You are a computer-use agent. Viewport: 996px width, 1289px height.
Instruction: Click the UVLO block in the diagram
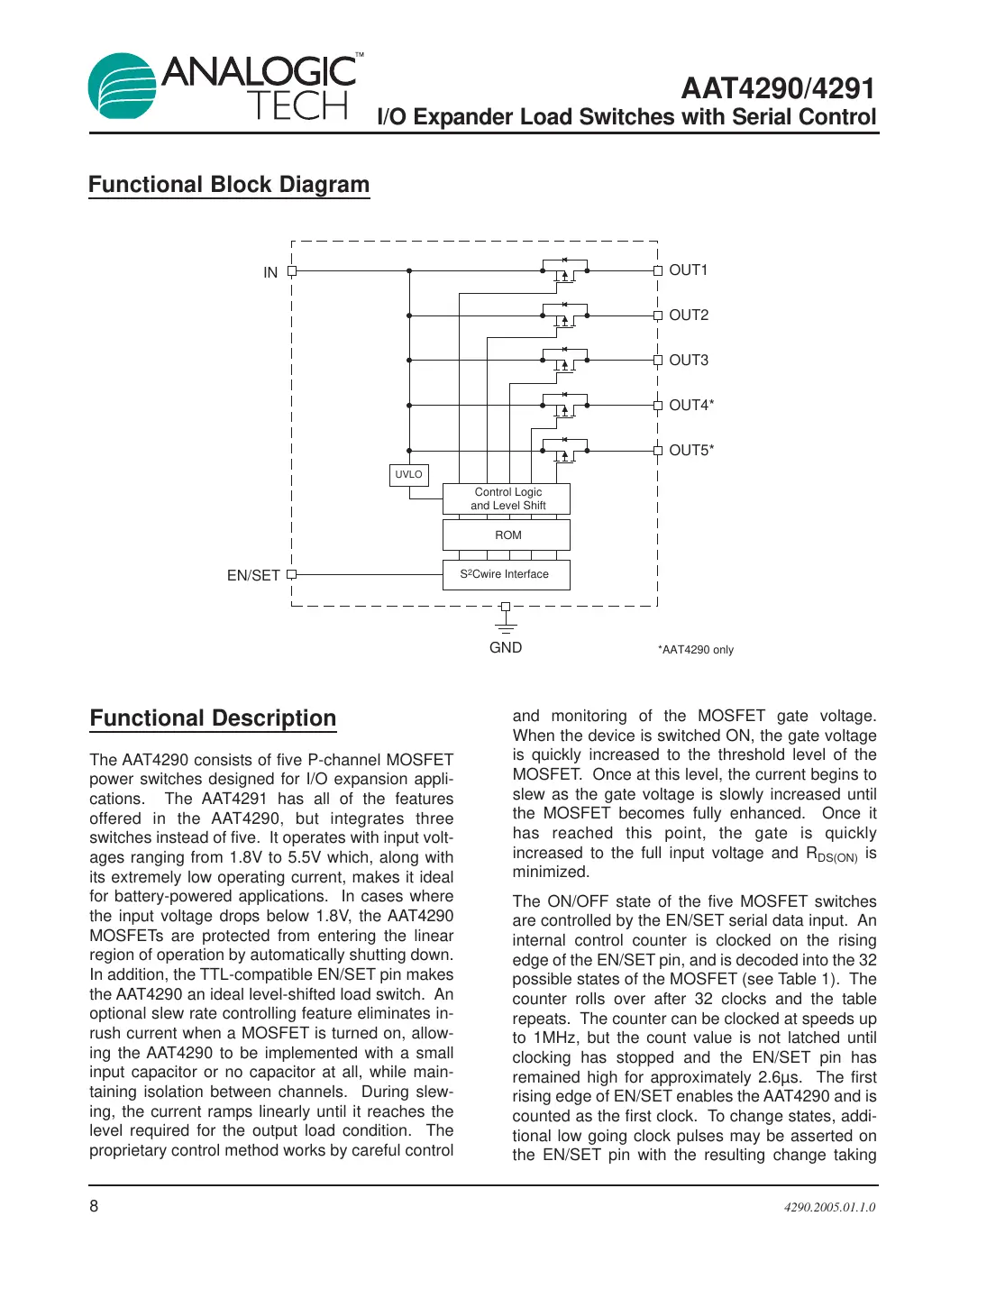pos(408,475)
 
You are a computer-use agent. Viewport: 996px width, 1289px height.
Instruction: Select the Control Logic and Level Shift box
pos(507,498)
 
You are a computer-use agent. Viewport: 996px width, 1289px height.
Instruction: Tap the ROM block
pos(507,535)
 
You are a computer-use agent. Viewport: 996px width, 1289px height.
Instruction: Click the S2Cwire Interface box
pos(507,574)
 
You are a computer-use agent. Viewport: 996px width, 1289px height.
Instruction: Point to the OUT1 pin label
pos(689,270)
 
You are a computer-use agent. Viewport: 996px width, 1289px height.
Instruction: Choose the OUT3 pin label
pos(689,361)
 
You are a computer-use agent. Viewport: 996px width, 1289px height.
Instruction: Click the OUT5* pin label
pos(691,451)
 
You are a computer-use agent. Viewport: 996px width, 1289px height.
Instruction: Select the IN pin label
pos(270,272)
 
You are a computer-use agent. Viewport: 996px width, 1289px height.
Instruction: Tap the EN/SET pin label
pos(253,575)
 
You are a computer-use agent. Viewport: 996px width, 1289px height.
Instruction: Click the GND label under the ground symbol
pos(506,647)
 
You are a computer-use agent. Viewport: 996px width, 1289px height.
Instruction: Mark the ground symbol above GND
pos(506,625)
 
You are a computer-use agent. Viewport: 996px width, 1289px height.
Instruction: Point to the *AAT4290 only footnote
pos(695,650)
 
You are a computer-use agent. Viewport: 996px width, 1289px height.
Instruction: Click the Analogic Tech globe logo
pos(123,86)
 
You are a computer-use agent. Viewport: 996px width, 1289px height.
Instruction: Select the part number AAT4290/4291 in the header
pos(778,88)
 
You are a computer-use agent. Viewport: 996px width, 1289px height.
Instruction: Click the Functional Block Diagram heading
pos(229,185)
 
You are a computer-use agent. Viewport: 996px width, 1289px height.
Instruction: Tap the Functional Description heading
pos(213,718)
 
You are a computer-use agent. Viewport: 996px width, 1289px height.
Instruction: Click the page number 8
pos(94,1206)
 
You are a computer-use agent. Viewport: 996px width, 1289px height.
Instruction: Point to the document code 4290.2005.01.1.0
pos(829,1207)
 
